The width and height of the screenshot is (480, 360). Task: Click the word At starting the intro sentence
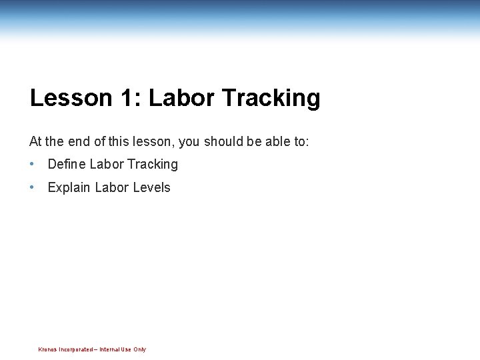(x=35, y=141)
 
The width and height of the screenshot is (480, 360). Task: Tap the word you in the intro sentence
(x=189, y=142)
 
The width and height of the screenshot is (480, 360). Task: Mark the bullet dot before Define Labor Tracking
(x=32, y=164)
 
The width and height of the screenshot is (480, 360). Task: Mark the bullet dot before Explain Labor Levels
(x=32, y=187)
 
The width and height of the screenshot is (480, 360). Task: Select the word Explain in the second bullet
(x=69, y=188)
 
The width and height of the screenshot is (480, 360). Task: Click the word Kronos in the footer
(x=47, y=349)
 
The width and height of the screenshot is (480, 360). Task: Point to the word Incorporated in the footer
(x=75, y=349)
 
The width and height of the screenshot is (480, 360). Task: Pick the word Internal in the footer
(x=110, y=349)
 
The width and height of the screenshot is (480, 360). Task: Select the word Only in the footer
(x=139, y=349)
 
